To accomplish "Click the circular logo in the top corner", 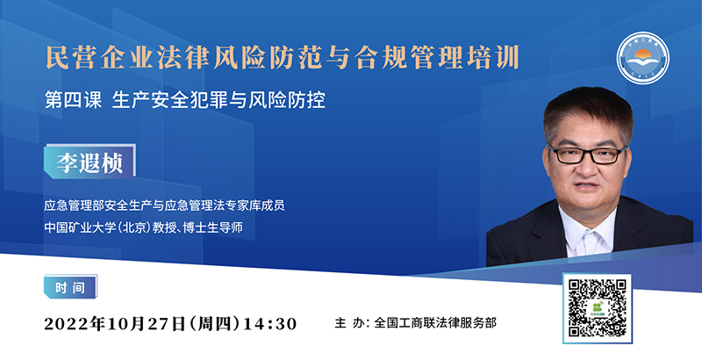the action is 642,58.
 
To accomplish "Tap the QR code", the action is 598,308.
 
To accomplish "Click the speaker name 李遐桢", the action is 90,163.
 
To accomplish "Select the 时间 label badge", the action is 70,287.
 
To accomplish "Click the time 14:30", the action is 270,323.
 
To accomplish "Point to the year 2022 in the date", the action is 67,324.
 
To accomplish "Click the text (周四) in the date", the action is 216,323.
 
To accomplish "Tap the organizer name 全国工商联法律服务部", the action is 434,323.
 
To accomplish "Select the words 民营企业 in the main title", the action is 101,57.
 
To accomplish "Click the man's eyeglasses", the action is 587,155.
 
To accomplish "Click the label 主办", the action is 347,323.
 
